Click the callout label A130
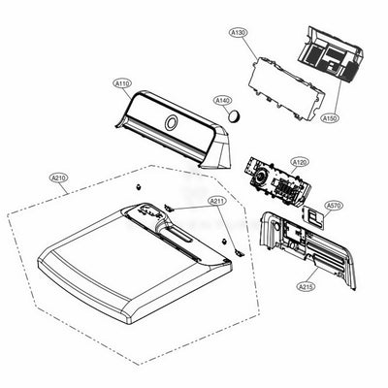[x=239, y=33]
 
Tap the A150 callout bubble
[x=331, y=115]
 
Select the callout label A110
[x=122, y=83]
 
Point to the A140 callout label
[x=222, y=100]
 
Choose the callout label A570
[x=333, y=206]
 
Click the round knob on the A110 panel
[x=170, y=124]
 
